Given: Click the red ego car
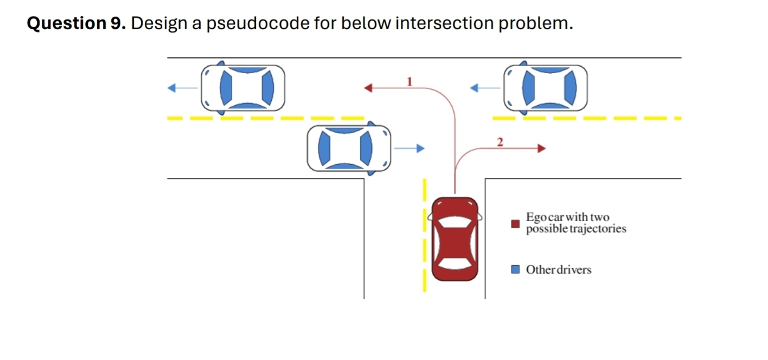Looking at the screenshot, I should (x=455, y=239).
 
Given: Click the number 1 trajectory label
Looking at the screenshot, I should (x=410, y=81).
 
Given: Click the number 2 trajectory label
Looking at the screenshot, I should (x=500, y=143).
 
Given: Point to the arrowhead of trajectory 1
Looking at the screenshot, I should (x=368, y=87).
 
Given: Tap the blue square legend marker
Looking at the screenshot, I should (x=516, y=269).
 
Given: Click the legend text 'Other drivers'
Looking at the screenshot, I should (x=559, y=269).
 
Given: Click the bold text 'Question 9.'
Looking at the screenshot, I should (x=76, y=23).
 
